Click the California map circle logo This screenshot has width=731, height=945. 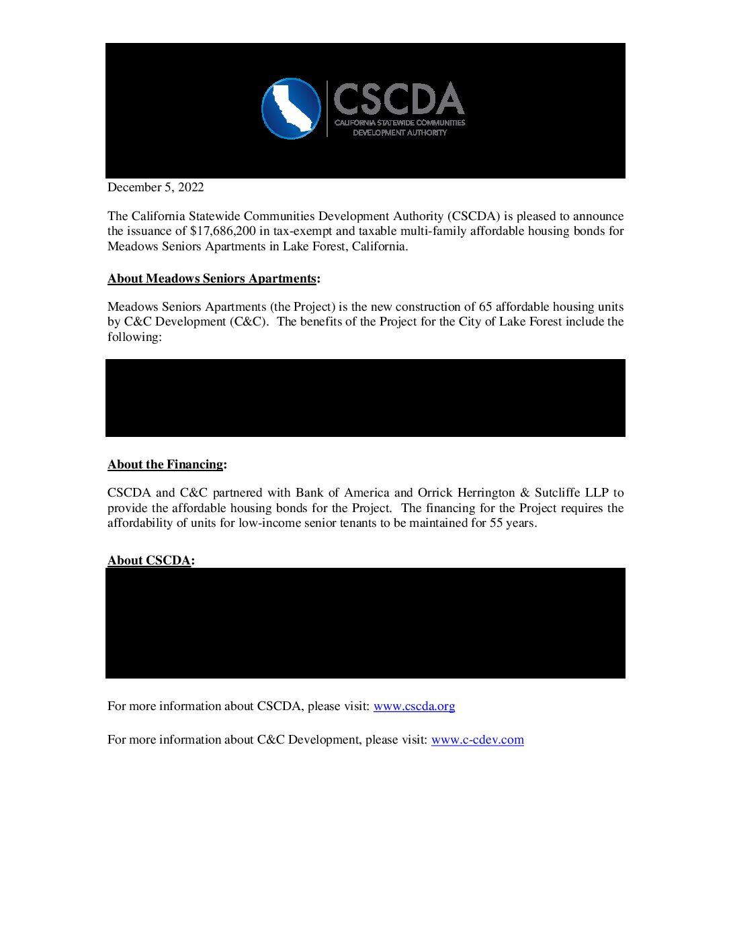[x=291, y=109]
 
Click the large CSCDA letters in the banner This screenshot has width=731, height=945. [x=399, y=99]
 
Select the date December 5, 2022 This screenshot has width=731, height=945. [x=155, y=187]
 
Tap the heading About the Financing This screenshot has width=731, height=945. [x=166, y=464]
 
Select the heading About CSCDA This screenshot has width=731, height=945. [x=150, y=560]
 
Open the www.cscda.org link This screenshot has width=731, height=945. [x=414, y=706]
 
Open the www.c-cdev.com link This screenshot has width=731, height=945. [x=477, y=740]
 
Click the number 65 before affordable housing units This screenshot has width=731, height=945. [x=485, y=307]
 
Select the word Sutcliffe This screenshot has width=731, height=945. [x=560, y=493]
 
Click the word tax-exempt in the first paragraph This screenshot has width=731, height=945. [x=302, y=231]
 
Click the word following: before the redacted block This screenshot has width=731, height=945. [x=134, y=337]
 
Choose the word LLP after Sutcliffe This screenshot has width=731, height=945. [x=597, y=493]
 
